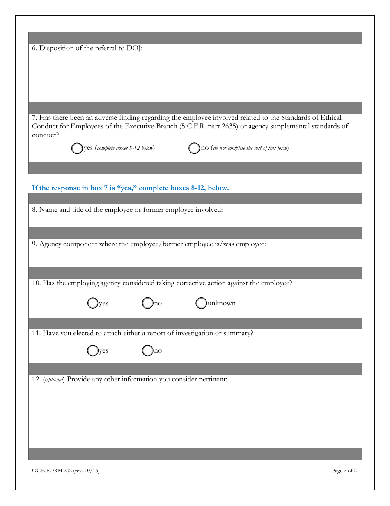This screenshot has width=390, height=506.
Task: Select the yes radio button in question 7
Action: pos(77,149)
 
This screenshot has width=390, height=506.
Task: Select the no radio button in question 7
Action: pos(194,149)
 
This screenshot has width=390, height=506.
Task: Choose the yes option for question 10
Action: pos(93,304)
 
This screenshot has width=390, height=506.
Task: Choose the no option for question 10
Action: pos(147,304)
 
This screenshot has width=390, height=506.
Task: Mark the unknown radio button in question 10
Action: pos(201,304)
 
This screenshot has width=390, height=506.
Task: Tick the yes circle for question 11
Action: pos(93,351)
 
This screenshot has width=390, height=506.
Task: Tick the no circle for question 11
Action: pos(147,351)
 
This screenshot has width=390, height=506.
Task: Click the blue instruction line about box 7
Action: pos(130,188)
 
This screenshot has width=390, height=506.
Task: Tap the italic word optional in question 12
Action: pos(54,380)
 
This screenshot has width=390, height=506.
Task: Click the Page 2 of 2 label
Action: pos(344,471)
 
